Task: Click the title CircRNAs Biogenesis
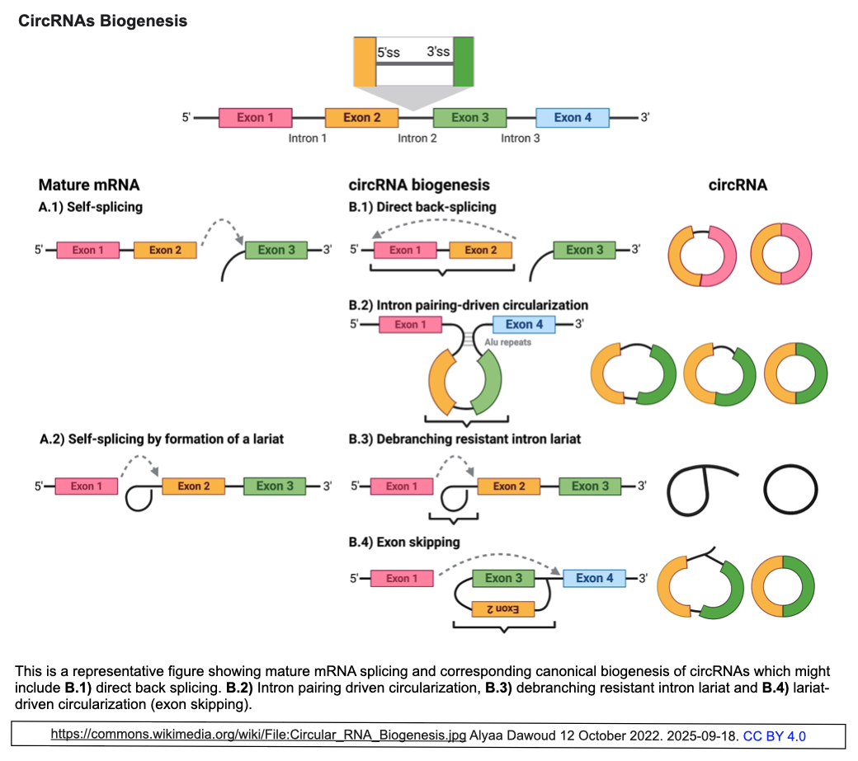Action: pos(103,21)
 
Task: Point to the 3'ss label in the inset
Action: pos(438,53)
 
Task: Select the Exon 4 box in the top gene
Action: pos(573,117)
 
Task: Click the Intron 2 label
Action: pos(417,138)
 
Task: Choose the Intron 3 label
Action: pos(521,138)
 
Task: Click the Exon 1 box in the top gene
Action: pos(255,117)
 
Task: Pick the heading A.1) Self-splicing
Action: pos(91,207)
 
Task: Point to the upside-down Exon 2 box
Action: pos(500,608)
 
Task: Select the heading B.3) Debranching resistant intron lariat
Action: pos(465,439)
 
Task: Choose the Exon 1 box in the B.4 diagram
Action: pos(403,578)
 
